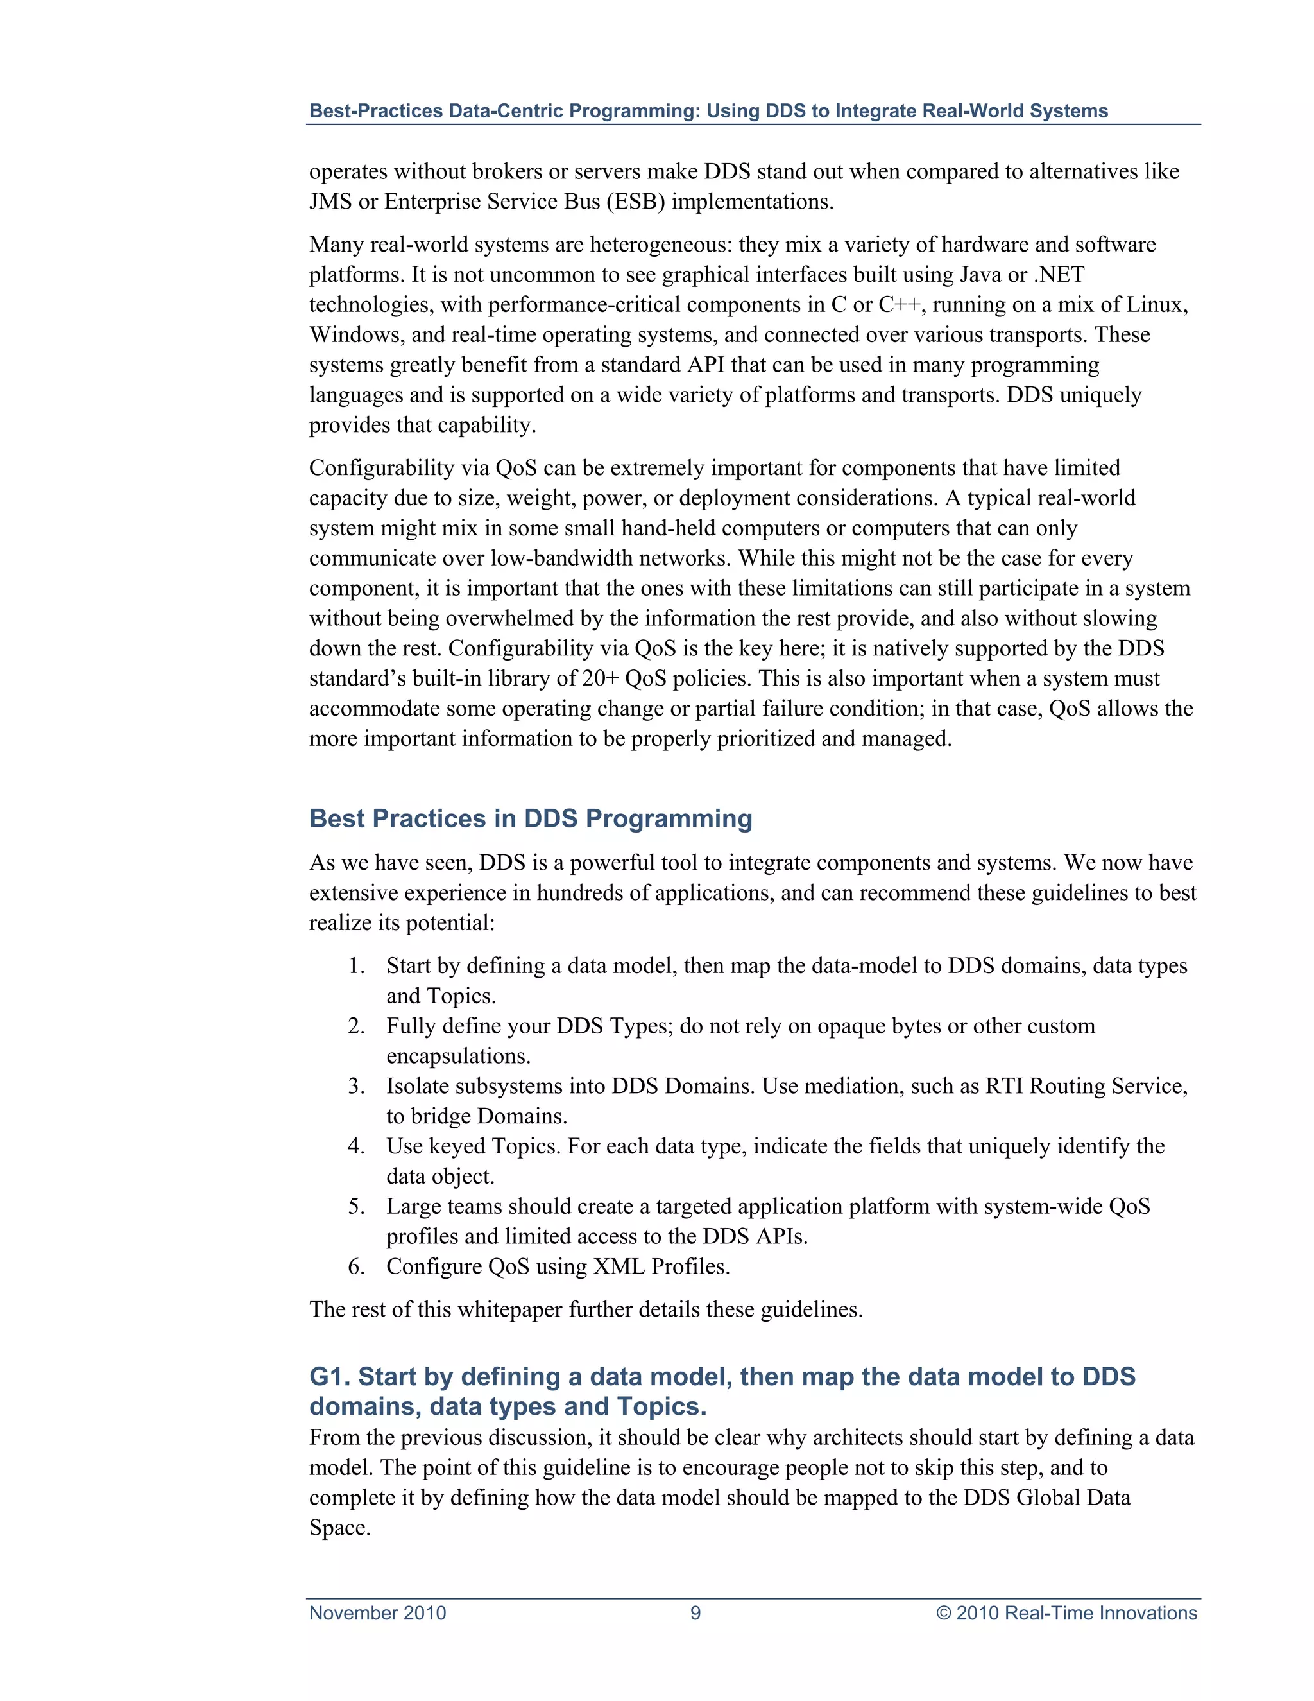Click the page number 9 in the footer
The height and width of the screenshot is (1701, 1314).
pos(695,1613)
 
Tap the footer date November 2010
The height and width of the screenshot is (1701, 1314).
pos(377,1613)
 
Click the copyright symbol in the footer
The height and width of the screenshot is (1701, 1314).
pos(943,1613)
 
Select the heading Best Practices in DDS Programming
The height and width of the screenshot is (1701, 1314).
pos(530,818)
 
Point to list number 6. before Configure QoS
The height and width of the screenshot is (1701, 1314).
pos(357,1266)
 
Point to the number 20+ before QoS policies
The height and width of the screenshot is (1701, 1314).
pos(600,678)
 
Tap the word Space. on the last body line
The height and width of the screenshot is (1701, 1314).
pos(339,1528)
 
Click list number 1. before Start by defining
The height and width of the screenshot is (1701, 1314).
pos(357,966)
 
